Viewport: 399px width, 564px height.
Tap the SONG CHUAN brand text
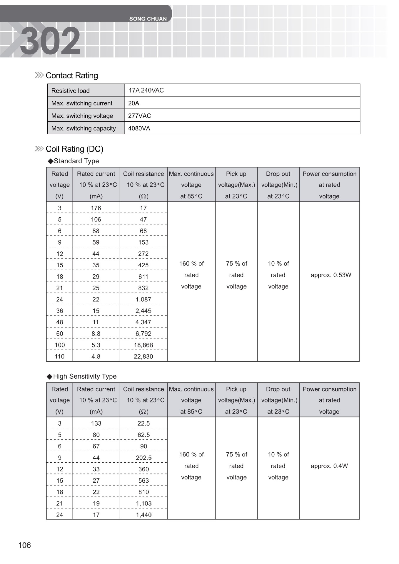pyautogui.click(x=148, y=19)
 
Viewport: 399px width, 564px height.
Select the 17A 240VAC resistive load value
pyautogui.click(x=146, y=90)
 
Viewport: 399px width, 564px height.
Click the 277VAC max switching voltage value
pyautogui.click(x=139, y=116)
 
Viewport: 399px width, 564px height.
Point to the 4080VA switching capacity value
pyautogui.click(x=139, y=128)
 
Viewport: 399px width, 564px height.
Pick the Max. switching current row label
pyautogui.click(x=82, y=103)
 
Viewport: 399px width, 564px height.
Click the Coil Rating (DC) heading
pyautogui.click(x=74, y=149)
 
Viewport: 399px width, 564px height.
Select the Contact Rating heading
pyautogui.click(x=72, y=75)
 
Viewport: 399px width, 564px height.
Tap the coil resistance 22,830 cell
pyautogui.click(x=143, y=356)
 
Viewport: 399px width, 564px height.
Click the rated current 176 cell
pyautogui.click(x=96, y=208)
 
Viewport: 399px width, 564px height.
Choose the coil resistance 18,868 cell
pyautogui.click(x=143, y=345)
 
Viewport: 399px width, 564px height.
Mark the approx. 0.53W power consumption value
pyautogui.click(x=331, y=275)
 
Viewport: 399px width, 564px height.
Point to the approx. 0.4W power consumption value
pyautogui.click(x=329, y=466)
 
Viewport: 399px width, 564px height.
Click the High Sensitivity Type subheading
pyautogui.click(x=85, y=376)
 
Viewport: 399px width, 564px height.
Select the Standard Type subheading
pyautogui.click(x=76, y=161)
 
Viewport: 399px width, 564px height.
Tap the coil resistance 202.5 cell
pyautogui.click(x=144, y=458)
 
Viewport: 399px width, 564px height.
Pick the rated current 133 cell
pyautogui.click(x=96, y=423)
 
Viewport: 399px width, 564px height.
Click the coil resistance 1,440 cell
pyautogui.click(x=144, y=515)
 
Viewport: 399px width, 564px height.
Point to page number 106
pyautogui.click(x=24, y=545)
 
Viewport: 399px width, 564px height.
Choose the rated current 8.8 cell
pyautogui.click(x=96, y=333)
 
